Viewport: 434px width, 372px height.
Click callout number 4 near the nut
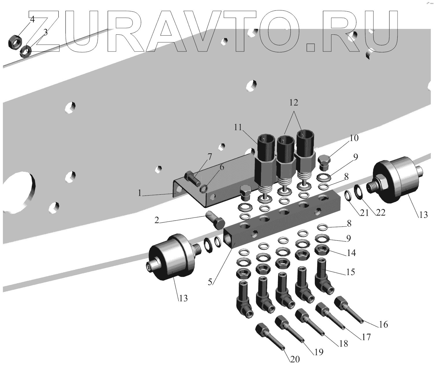[x=32, y=19]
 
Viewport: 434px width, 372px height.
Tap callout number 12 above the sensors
[x=294, y=103]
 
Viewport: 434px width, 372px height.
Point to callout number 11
[x=238, y=128]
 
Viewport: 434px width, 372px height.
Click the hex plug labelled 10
[x=324, y=163]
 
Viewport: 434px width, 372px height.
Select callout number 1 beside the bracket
[x=140, y=193]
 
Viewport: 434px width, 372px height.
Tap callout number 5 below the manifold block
[x=210, y=282]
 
